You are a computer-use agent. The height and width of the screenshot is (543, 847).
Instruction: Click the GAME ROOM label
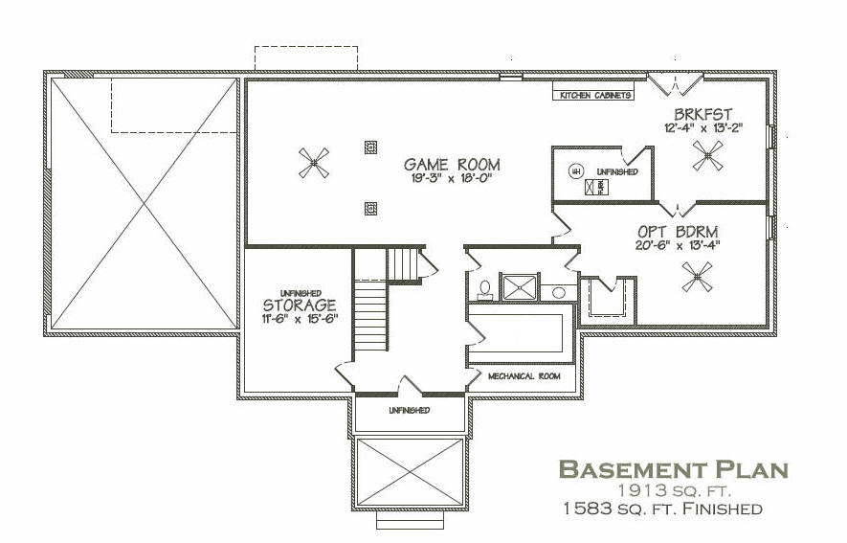(452, 165)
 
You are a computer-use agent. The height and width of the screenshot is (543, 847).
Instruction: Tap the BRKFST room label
(702, 115)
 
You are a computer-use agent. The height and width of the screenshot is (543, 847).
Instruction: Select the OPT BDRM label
(678, 232)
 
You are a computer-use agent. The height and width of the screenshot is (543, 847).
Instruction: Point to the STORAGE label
(300, 305)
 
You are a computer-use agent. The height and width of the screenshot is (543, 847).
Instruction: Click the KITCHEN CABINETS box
(593, 95)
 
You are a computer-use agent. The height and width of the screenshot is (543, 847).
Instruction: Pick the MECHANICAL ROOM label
(524, 376)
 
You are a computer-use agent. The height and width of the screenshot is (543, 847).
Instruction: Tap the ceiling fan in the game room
(314, 163)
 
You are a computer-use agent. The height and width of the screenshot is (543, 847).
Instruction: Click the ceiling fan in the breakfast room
(707, 155)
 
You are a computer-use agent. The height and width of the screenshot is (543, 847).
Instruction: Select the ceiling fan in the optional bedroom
(697, 277)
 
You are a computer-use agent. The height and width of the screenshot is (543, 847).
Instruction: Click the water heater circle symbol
(575, 171)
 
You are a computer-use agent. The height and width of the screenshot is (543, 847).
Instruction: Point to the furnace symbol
(597, 188)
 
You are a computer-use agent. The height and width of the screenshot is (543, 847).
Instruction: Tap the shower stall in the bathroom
(520, 287)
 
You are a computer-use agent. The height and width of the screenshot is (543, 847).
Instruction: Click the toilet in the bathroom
(484, 290)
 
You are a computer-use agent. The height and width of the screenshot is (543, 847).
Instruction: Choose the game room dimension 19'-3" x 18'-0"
(452, 178)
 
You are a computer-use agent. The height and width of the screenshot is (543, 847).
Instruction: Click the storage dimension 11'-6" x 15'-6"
(300, 319)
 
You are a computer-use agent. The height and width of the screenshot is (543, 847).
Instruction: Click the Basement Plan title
(673, 469)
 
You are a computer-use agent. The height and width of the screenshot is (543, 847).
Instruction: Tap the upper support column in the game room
(370, 147)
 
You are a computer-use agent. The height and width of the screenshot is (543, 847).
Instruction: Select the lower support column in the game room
(370, 208)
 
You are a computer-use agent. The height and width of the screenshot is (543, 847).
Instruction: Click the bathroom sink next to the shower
(559, 293)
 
